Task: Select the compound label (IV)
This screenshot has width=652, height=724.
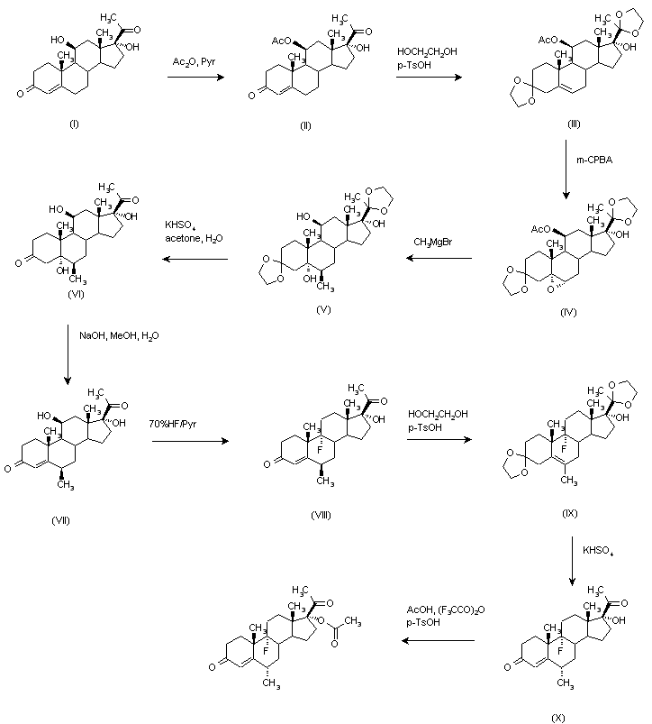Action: pyautogui.click(x=567, y=312)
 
